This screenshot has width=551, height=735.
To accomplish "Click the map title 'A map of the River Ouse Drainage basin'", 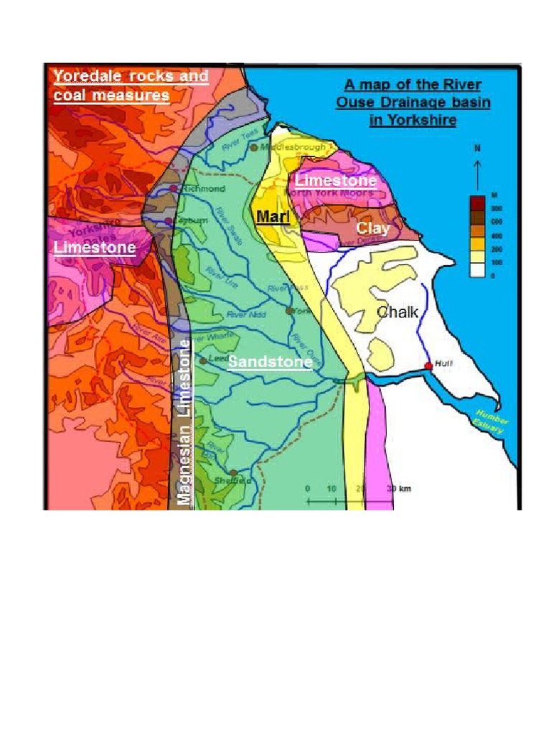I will (413, 102).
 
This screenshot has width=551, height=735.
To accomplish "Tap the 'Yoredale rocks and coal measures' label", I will (131, 85).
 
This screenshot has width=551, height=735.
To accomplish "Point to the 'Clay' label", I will (373, 228).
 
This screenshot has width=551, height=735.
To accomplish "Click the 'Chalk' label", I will (397, 312).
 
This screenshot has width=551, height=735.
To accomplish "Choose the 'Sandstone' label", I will (270, 362).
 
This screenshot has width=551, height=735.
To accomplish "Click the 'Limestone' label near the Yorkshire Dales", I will (95, 248).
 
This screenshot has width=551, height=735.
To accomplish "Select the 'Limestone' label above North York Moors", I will (335, 180).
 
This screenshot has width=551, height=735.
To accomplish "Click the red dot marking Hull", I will (428, 366).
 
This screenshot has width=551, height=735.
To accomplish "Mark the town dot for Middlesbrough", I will (254, 147).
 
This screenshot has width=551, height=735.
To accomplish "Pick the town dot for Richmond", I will (174, 189).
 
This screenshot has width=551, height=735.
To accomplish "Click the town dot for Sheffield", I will (233, 473).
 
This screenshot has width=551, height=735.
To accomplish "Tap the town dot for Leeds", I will (203, 360).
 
